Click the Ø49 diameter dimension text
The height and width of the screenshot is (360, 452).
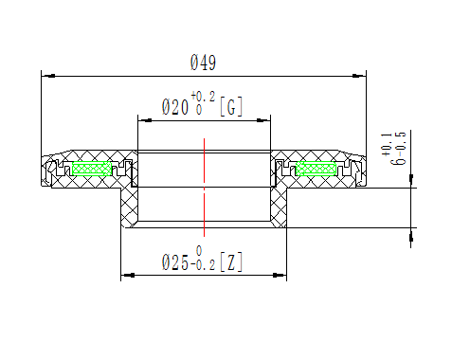[204, 63]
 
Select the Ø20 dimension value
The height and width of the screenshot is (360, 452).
[174, 109]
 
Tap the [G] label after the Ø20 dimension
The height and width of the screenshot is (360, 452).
[230, 108]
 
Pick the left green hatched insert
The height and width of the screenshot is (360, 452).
[92, 169]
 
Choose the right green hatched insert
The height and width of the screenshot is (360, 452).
[316, 169]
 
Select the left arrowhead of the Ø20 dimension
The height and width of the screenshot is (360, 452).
[143, 119]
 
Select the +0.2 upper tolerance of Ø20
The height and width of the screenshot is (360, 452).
[203, 97]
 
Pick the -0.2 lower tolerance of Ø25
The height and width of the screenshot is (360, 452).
[203, 266]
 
